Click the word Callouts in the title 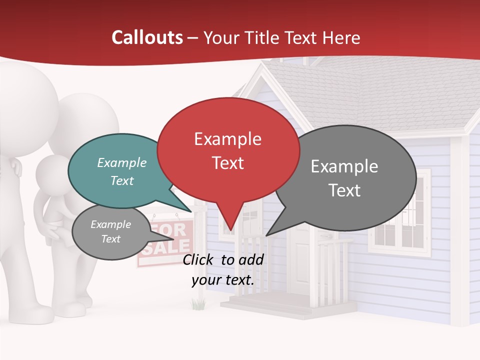[147, 37]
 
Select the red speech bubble [228, 150]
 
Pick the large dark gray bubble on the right [350, 177]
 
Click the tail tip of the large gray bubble [267, 234]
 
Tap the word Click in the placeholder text [198, 259]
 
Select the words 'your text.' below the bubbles [223, 280]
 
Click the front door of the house [303, 260]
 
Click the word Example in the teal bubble [121, 163]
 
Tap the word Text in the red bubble [228, 163]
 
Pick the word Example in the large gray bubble [344, 166]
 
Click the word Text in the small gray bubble [111, 239]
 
